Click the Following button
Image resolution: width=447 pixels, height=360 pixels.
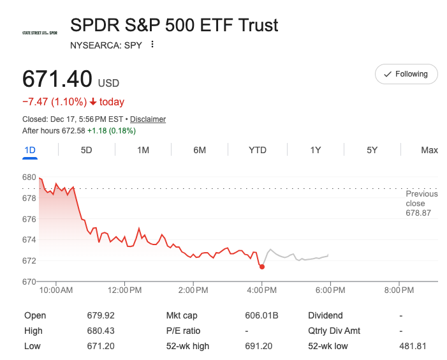406,74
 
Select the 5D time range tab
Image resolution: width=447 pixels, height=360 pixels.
86,150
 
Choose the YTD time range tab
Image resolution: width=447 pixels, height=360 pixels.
258,150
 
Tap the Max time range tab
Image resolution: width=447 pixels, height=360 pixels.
429,150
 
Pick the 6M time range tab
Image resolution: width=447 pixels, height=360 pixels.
200,150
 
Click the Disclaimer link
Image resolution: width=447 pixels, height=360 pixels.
148,119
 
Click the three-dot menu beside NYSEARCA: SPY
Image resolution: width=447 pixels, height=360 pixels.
152,45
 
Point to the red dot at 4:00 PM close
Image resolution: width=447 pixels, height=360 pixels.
262,266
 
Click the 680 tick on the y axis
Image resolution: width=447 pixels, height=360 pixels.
29,177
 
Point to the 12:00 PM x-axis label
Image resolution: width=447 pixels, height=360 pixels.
125,290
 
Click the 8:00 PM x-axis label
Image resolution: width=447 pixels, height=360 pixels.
400,290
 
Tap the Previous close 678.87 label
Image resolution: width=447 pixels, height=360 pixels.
421,203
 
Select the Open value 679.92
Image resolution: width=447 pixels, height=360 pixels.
101,315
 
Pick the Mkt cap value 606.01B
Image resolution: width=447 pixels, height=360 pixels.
262,315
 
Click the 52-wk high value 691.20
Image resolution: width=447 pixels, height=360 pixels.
258,346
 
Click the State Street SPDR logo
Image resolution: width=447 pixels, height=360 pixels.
40,33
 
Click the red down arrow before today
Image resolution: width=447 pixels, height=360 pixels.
93,102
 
